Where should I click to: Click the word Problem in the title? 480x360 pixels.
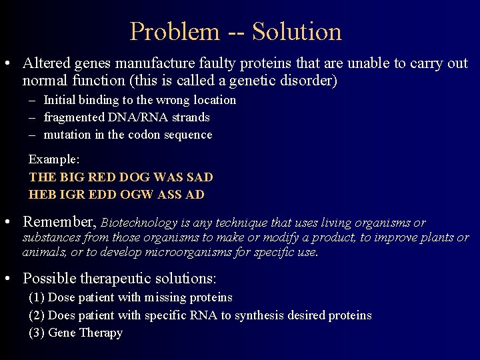pyautogui.click(x=174, y=31)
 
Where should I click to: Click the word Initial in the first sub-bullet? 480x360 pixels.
pyautogui.click(x=61, y=100)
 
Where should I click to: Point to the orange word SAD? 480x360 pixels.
pyautogui.click(x=200, y=177)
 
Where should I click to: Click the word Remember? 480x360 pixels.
pyautogui.click(x=59, y=222)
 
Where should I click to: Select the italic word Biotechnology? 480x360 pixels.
pyautogui.click(x=139, y=223)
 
